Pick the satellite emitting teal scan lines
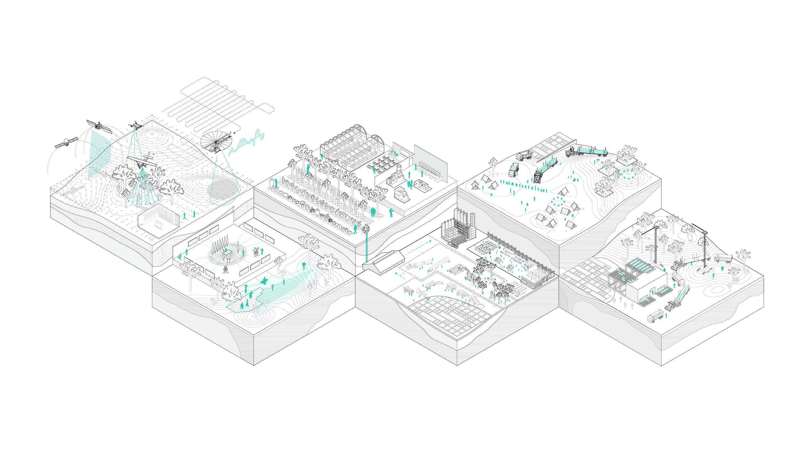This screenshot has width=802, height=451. point(99,126)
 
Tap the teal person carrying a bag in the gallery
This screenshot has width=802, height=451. point(180,257)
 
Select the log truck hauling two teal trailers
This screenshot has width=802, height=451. point(587,151)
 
